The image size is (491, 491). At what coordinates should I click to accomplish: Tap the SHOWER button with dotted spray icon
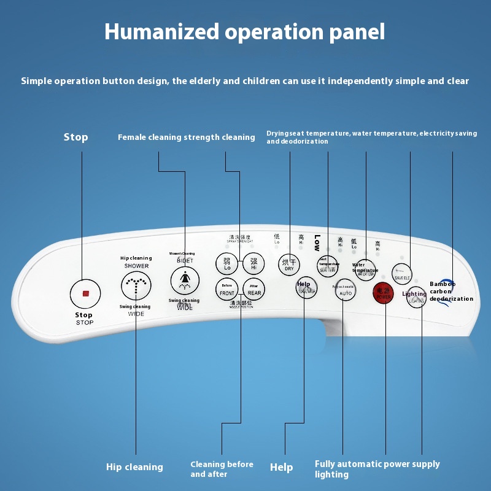click(136, 285)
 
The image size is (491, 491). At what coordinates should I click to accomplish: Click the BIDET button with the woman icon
click(184, 280)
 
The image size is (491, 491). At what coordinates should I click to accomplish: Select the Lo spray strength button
click(226, 264)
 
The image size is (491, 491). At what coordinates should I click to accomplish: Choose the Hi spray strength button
click(253, 264)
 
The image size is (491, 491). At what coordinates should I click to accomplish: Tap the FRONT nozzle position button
click(227, 289)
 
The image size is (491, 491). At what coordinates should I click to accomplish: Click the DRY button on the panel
click(288, 264)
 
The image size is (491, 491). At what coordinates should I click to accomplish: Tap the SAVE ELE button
click(402, 272)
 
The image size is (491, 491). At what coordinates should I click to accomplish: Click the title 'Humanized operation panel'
click(245, 31)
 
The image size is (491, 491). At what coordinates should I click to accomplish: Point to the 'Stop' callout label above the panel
click(75, 137)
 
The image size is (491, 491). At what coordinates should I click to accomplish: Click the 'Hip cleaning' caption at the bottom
click(134, 467)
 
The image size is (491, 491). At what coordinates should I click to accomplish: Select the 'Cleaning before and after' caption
click(222, 469)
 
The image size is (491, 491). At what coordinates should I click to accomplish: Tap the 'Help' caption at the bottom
click(281, 468)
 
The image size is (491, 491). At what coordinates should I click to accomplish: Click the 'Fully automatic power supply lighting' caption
click(377, 469)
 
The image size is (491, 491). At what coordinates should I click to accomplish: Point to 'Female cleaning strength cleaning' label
click(186, 137)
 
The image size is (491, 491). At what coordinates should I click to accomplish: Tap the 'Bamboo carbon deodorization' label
click(451, 292)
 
